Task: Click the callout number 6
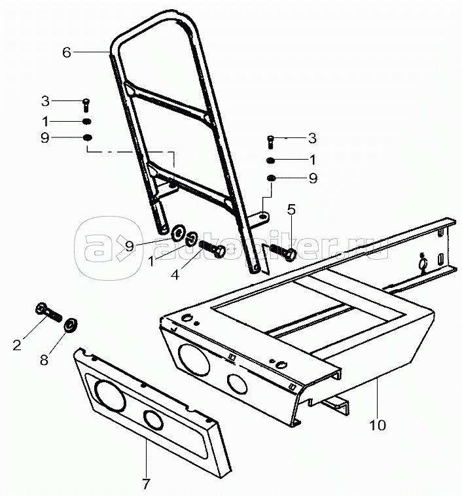pyautogui.click(x=67, y=52)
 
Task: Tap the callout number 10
pyautogui.click(x=378, y=425)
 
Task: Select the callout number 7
pyautogui.click(x=146, y=484)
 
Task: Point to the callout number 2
pyautogui.click(x=17, y=344)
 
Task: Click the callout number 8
pyautogui.click(x=44, y=360)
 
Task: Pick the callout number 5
pyautogui.click(x=291, y=209)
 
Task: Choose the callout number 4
pyautogui.click(x=175, y=275)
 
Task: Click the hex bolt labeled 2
pyautogui.click(x=48, y=312)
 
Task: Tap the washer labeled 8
pyautogui.click(x=71, y=326)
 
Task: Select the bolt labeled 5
pyautogui.click(x=283, y=251)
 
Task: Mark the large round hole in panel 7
pyautogui.click(x=111, y=396)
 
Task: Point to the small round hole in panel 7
pyautogui.click(x=153, y=419)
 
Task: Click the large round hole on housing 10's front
pyautogui.click(x=194, y=359)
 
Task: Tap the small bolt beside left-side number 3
pyautogui.click(x=86, y=105)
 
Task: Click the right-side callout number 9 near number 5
pyautogui.click(x=313, y=179)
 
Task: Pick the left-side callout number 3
pyautogui.click(x=45, y=101)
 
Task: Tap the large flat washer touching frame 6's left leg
pyautogui.click(x=178, y=232)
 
